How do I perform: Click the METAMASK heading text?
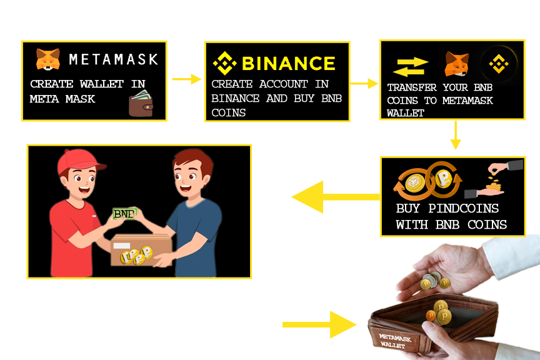(x=113, y=59)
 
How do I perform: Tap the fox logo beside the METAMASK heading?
(x=47, y=59)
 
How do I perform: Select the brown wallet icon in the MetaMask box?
(x=141, y=104)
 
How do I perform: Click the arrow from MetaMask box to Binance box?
(x=186, y=79)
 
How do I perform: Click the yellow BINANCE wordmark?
(x=288, y=63)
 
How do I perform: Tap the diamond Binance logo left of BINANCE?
(x=224, y=64)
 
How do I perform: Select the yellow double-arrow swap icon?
(x=410, y=66)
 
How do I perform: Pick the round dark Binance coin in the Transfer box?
(x=499, y=63)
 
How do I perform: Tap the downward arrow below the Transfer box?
(x=455, y=135)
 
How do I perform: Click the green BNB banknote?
(x=125, y=214)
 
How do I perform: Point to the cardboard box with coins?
(x=141, y=251)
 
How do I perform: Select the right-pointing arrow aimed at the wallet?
(x=319, y=324)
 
